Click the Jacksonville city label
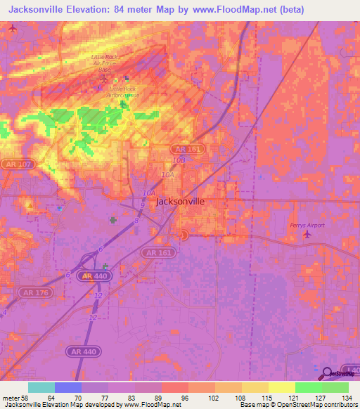(180, 201)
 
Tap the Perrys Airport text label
(304, 225)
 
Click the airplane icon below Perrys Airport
(306, 234)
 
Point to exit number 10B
(179, 160)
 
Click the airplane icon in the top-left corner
(12, 28)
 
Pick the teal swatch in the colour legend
(41, 387)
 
